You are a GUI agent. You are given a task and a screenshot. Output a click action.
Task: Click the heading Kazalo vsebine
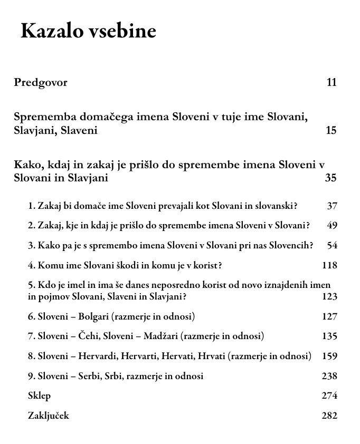point(88,32)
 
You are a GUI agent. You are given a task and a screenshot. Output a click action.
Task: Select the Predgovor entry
point(41,83)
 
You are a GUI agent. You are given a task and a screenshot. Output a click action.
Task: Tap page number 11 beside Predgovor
point(331,83)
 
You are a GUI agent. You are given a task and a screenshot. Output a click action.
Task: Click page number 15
point(331,130)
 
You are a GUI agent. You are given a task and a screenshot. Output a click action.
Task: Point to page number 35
point(330,178)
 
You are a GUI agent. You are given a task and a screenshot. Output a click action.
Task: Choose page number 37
point(331,206)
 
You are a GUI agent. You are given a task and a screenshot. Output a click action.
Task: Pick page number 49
point(331,226)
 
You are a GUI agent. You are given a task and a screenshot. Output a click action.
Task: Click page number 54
point(331,246)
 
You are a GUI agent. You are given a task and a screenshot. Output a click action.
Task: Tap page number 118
point(329,266)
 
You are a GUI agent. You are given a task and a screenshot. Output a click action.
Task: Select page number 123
point(329,296)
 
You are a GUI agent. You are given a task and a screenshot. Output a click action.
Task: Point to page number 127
point(329,316)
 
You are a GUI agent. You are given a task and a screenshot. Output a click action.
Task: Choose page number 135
point(329,336)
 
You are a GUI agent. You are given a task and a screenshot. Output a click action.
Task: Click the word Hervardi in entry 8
point(98,356)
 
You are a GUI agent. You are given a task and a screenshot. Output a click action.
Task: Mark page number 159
point(329,356)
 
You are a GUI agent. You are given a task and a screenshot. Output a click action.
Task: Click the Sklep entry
point(39,396)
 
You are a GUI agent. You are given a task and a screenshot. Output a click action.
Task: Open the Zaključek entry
point(48,416)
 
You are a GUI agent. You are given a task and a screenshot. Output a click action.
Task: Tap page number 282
point(329,416)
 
